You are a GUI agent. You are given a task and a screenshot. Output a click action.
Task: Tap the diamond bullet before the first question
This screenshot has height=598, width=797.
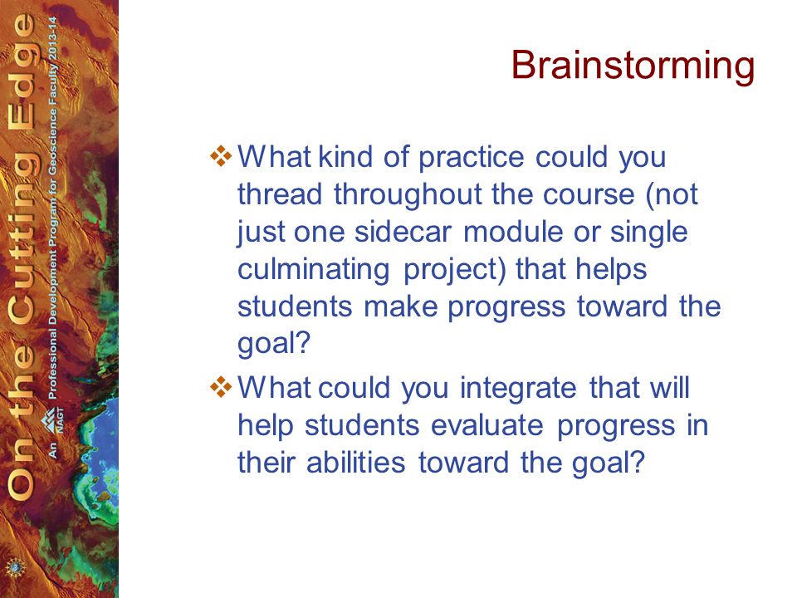221,156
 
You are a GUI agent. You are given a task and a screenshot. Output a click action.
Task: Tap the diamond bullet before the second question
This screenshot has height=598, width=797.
221,388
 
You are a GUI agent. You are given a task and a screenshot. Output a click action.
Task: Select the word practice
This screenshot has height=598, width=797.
472,159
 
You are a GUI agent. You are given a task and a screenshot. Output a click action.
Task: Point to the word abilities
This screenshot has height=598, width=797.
356,463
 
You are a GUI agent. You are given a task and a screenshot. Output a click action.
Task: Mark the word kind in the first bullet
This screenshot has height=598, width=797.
345,157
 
